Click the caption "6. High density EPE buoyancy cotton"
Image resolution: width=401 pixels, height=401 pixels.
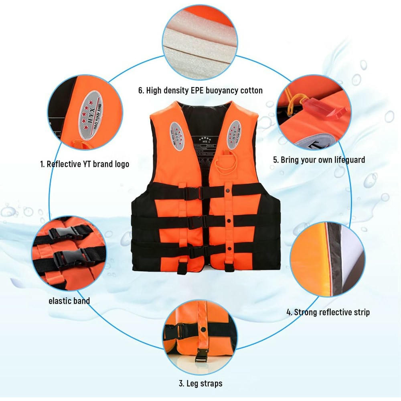(200, 90)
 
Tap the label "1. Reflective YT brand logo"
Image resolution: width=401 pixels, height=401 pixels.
(84, 164)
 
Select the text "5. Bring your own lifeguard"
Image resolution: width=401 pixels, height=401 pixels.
(319, 160)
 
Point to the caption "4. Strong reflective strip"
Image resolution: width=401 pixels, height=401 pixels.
(328, 312)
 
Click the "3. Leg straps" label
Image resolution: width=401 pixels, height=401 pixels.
(200, 383)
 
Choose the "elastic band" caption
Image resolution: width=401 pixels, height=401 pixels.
(69, 300)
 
